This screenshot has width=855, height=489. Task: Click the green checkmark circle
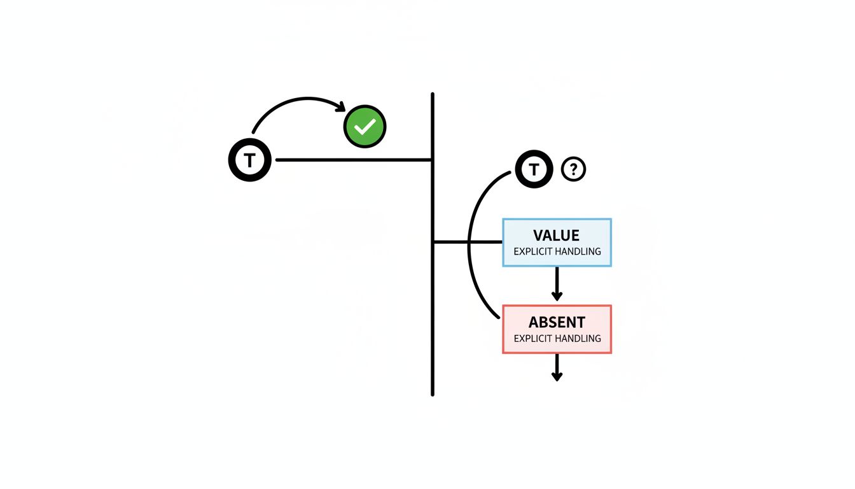tap(365, 127)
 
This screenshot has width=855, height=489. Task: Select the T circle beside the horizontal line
tap(250, 160)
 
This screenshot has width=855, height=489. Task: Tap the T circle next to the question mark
tap(534, 169)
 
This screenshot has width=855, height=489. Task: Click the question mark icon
tap(574, 169)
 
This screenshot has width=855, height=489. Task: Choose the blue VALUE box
tap(557, 242)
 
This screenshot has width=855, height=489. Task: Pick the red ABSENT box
tap(557, 329)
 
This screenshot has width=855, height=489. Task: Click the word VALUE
tap(557, 236)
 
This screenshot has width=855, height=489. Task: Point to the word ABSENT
tap(557, 322)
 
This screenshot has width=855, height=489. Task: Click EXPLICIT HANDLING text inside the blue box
tap(557, 252)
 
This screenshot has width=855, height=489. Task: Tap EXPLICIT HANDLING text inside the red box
tap(557, 338)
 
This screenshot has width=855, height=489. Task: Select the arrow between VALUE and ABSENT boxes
tap(557, 284)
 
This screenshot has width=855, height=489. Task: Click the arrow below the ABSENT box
tap(557, 367)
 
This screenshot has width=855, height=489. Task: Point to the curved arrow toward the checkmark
tap(293, 102)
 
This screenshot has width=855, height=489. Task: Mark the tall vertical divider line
tap(433, 287)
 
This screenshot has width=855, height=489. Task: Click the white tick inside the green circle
tap(365, 128)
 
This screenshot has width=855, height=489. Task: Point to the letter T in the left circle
tap(250, 160)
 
